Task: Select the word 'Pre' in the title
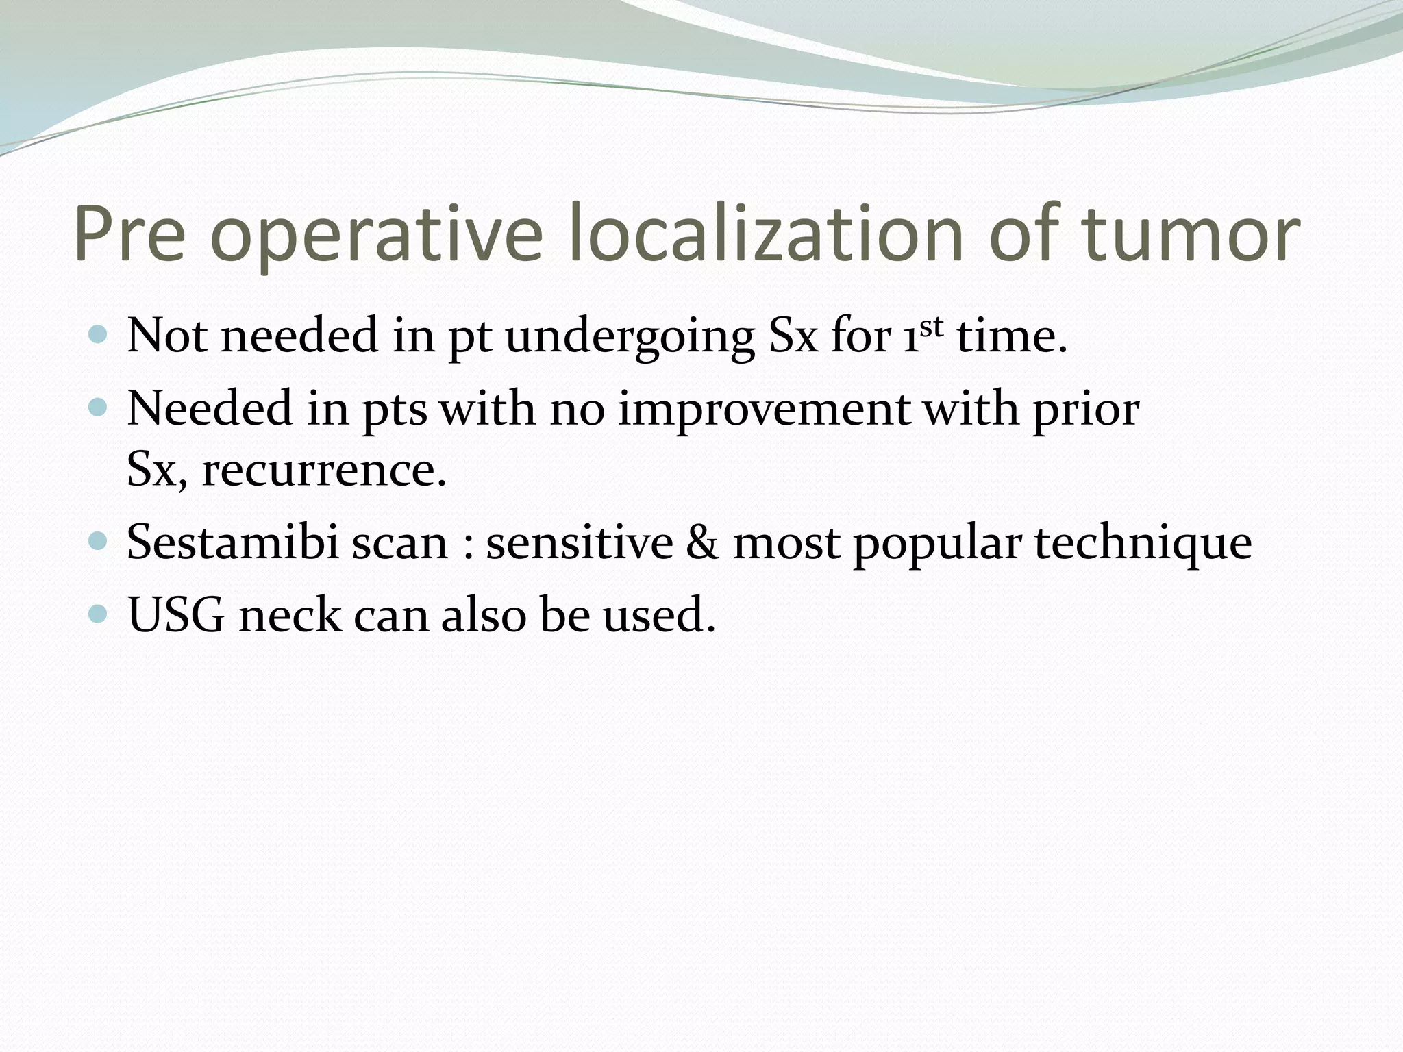(x=129, y=234)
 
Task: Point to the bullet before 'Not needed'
(x=99, y=335)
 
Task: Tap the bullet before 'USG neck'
(x=99, y=613)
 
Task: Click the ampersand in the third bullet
(x=701, y=542)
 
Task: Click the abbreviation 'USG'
(x=175, y=614)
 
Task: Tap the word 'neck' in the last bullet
(x=288, y=614)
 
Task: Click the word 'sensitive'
(x=580, y=542)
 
